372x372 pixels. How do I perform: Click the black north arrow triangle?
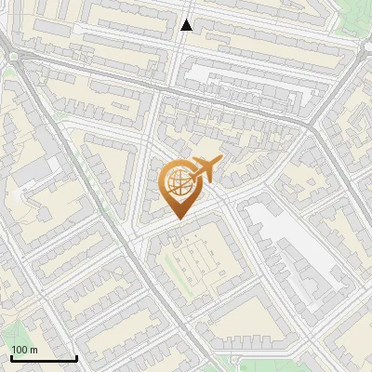tap(187, 25)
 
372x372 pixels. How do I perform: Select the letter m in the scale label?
tap(33, 350)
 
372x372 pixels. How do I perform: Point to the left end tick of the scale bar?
tap(11, 357)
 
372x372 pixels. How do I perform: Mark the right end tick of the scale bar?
tap(76, 357)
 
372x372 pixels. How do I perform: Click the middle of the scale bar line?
tap(44, 359)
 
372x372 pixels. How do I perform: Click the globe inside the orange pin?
tap(178, 182)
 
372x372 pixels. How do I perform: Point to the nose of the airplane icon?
tap(219, 161)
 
